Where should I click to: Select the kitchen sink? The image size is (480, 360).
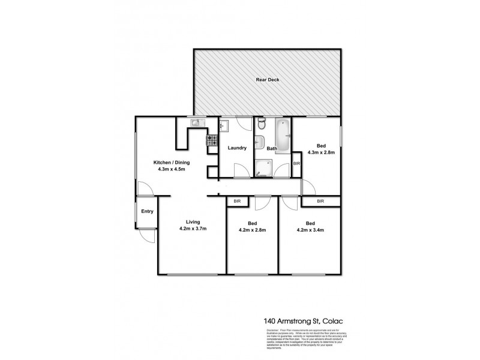click(x=197, y=124)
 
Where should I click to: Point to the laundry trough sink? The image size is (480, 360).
click(x=223, y=127)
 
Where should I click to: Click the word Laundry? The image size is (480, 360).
click(x=236, y=148)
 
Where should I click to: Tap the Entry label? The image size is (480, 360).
click(x=147, y=211)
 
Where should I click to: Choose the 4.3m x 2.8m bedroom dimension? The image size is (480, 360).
click(x=322, y=152)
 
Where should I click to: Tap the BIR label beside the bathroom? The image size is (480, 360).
click(x=296, y=164)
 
